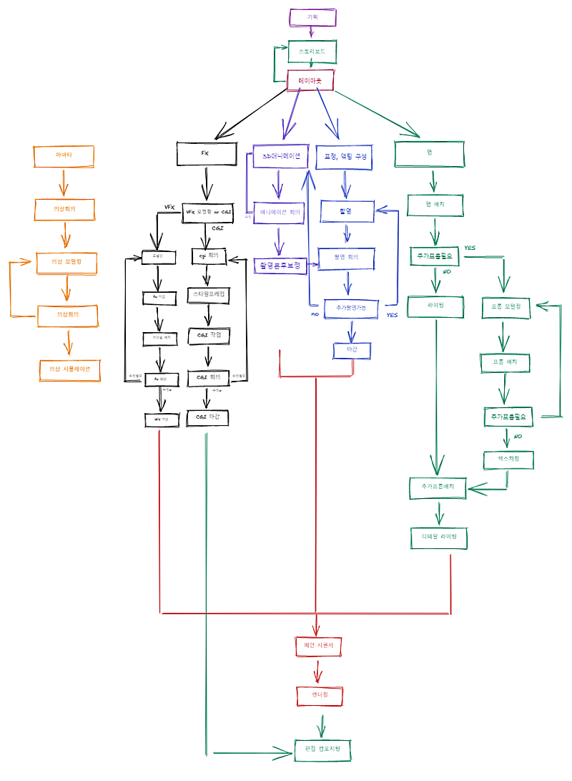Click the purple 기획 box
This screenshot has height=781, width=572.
point(312,17)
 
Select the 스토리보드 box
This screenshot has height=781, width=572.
point(312,51)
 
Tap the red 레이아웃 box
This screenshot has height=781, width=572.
point(310,81)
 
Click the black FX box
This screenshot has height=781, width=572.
point(206,153)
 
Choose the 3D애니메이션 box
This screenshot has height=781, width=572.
point(280,156)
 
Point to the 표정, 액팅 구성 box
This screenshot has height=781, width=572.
point(345,157)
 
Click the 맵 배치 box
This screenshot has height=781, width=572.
point(435,205)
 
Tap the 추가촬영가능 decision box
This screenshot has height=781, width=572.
point(350,308)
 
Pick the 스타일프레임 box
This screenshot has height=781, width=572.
point(209,294)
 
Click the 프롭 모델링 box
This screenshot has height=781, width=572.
point(506,307)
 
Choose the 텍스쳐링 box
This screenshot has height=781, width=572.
point(508,458)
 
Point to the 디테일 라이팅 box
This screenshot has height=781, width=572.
point(439,537)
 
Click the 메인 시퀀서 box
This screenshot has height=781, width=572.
point(319,646)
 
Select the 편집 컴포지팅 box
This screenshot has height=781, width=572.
point(322,750)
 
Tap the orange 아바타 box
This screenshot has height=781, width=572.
point(64,155)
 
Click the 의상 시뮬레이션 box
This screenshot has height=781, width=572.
point(69,370)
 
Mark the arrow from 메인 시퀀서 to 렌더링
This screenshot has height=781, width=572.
point(320,671)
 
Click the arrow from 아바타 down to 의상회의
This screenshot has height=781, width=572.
point(64,183)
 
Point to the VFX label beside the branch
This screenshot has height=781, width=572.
point(169,207)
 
